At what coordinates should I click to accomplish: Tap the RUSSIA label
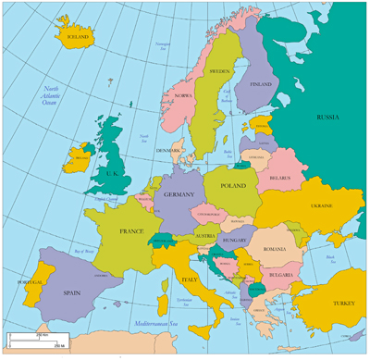327,118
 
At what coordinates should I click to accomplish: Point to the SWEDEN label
219,70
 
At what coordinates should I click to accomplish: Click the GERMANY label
178,195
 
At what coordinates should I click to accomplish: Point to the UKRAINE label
321,205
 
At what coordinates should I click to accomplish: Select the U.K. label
111,172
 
